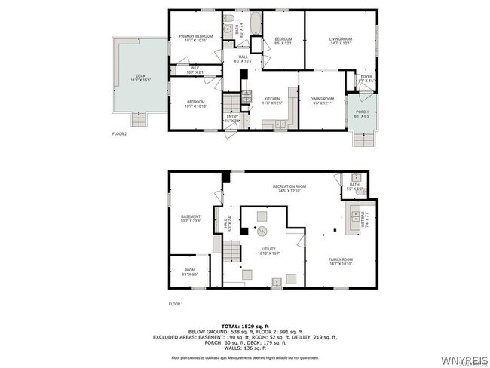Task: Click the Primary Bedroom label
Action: [x=195, y=37]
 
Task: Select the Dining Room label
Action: [x=322, y=100]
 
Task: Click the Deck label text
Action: [x=141, y=75]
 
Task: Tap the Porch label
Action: [x=363, y=114]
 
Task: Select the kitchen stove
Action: [x=246, y=95]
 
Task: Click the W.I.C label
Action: [x=195, y=70]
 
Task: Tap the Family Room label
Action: [x=341, y=261]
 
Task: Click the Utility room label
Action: [x=268, y=250]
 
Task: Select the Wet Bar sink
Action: [x=353, y=216]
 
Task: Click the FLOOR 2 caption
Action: [x=120, y=133]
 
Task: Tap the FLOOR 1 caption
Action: [x=176, y=305]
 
